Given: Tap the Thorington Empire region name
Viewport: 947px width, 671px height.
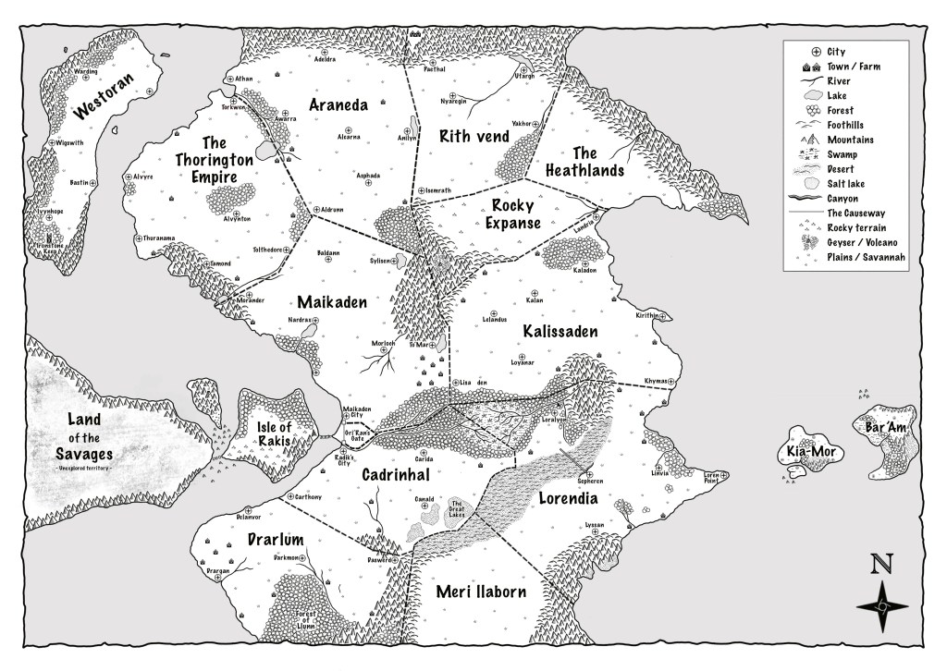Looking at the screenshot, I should pyautogui.click(x=215, y=158).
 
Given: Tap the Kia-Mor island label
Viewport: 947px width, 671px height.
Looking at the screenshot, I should pyautogui.click(x=810, y=452).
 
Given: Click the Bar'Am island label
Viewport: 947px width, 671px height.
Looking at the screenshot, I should pyautogui.click(x=884, y=429).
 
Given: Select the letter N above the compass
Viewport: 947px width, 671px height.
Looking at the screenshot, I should pyautogui.click(x=885, y=563).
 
